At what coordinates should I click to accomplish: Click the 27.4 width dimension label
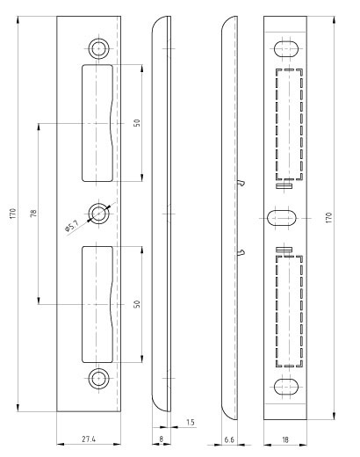coord(89,439)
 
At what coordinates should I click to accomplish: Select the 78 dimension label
coord(34,213)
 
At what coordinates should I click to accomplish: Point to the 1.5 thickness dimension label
coord(191,422)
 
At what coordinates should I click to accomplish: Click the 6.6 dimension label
coord(229,439)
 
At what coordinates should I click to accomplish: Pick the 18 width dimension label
coord(285,439)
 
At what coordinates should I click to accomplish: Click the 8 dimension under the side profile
coord(161,439)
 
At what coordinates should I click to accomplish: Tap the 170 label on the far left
coord(12,214)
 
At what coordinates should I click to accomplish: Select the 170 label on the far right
coord(329,218)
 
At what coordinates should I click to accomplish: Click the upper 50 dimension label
coord(137,123)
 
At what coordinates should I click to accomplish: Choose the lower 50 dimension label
coord(137,304)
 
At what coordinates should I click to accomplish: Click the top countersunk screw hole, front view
coord(98,48)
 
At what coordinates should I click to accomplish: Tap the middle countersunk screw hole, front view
coord(98,214)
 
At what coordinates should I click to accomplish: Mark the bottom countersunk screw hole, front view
coord(98,379)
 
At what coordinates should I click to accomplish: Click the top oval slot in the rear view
coord(286,48)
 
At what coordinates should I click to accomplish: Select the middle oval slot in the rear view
coord(282,218)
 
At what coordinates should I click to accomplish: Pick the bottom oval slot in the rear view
coord(286,387)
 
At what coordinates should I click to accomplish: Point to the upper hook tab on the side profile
coord(241,183)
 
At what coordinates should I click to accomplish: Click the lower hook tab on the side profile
coord(241,252)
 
